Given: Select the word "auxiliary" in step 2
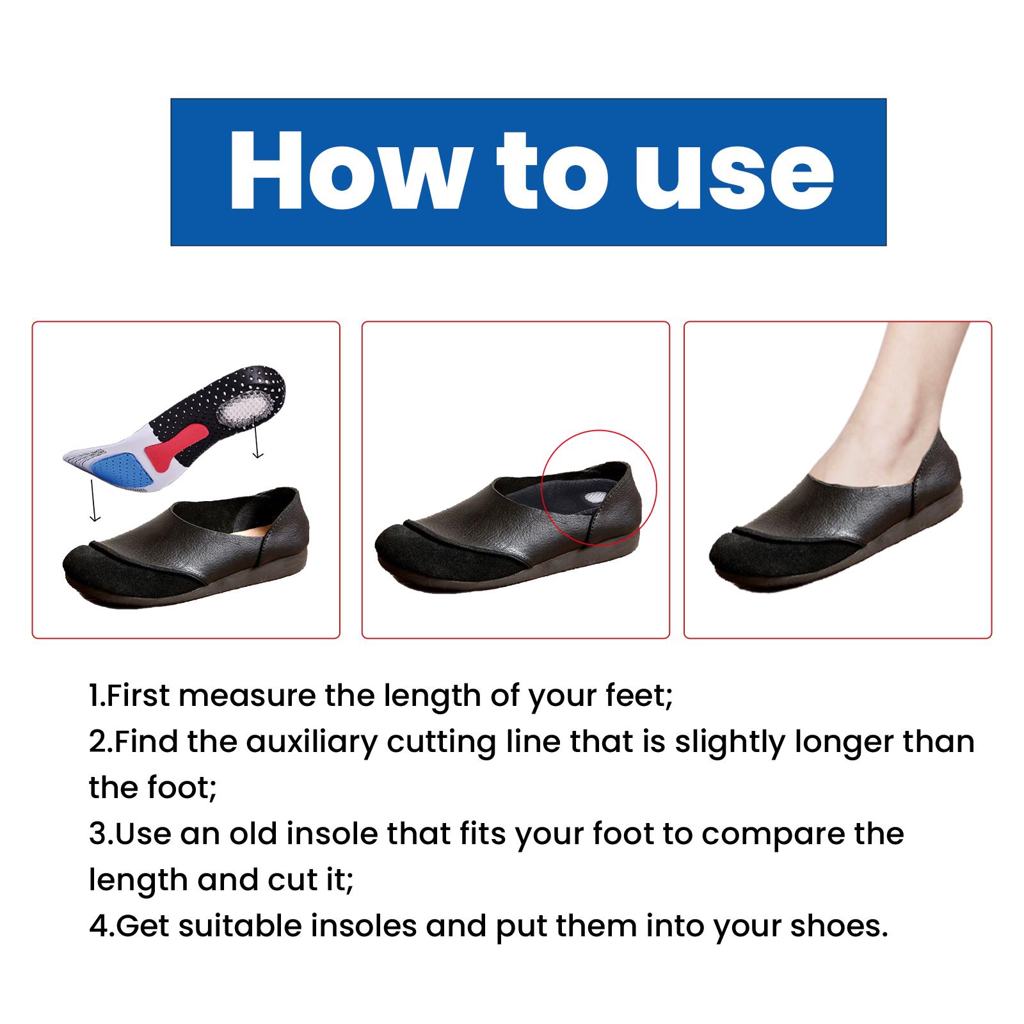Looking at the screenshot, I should coord(313,742).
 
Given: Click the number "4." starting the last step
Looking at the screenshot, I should coord(101,926).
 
